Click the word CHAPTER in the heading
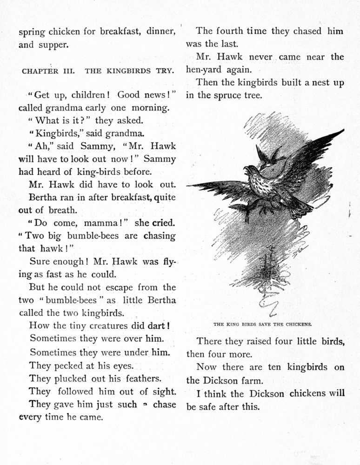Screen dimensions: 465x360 (40, 71)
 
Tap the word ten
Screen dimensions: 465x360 (275, 367)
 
